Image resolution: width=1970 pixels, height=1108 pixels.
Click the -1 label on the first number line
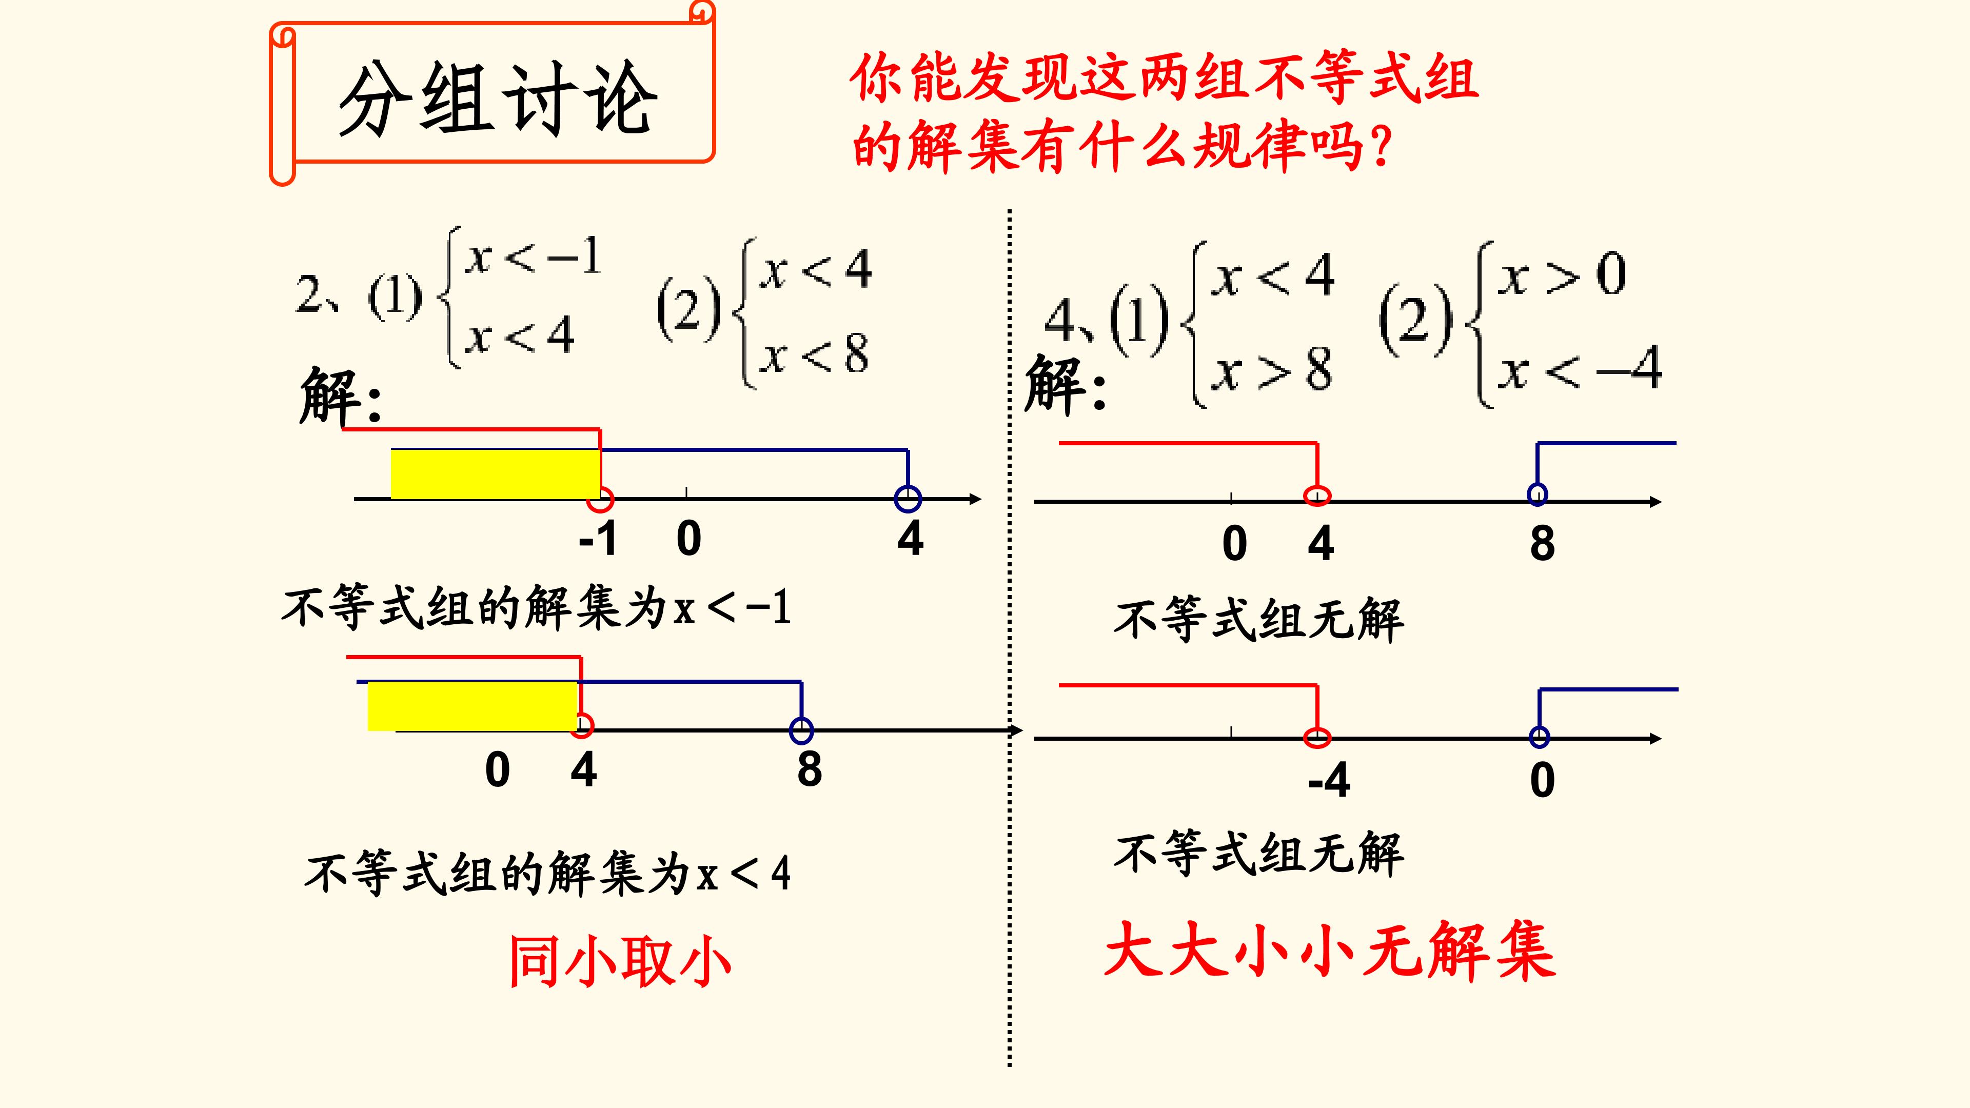coord(598,538)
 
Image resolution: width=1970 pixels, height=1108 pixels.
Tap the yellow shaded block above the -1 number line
coord(495,474)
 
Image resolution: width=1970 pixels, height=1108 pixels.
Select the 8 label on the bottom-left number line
coord(809,769)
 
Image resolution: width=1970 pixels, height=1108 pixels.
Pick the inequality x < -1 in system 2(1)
coord(533,257)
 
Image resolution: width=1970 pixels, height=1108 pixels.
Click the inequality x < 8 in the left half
coord(815,354)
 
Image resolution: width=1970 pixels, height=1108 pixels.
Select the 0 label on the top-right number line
coord(1234,544)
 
